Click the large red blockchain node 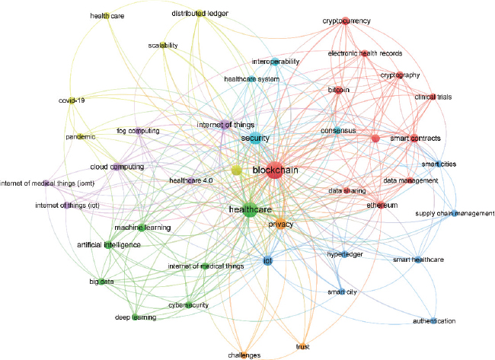coord(274,170)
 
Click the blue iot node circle coord(267,261)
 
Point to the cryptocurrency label coord(346,21)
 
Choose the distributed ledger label coord(200,13)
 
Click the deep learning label coord(136,317)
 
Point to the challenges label coord(244,355)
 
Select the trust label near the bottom coord(302,347)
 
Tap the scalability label coord(163,46)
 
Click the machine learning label coord(142,228)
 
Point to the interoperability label coord(276,62)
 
